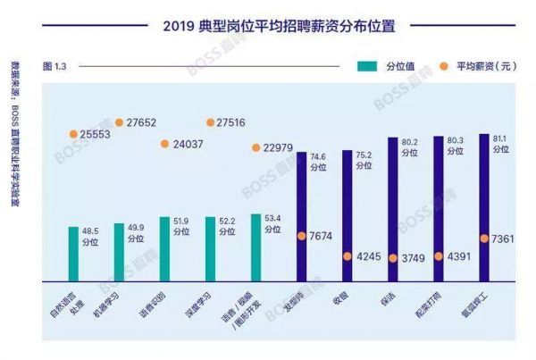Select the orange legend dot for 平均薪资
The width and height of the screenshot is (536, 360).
point(444,66)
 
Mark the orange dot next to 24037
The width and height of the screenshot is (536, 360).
point(165,144)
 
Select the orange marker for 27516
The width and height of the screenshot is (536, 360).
point(211,122)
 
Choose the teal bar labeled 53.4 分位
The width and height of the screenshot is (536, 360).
point(255,247)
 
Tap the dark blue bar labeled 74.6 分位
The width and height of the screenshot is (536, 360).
point(302,215)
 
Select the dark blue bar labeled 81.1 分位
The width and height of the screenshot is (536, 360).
point(483,206)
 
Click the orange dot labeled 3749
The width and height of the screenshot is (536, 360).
point(393,258)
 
